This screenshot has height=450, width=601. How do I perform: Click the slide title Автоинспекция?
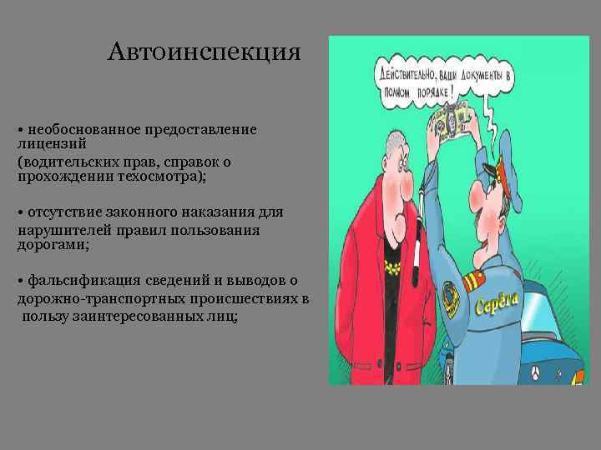point(204,53)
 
